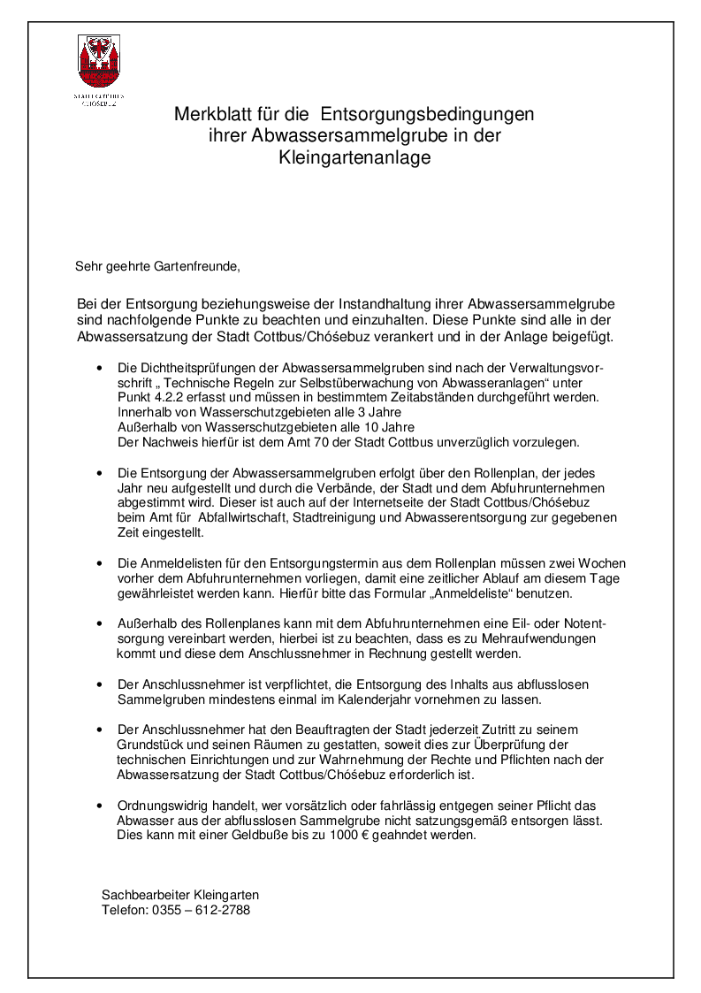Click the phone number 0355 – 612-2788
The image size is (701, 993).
pyautogui.click(x=202, y=910)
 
